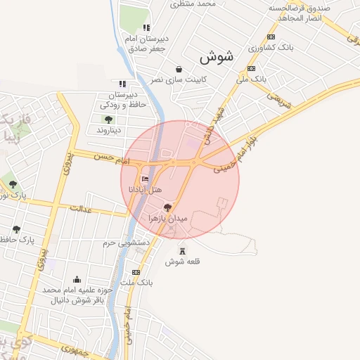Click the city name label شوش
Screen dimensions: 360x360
[x=216, y=57]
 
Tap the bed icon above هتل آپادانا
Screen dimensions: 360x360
[x=146, y=180]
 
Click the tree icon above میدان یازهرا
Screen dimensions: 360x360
[x=167, y=207]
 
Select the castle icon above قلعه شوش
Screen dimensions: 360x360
[x=183, y=250]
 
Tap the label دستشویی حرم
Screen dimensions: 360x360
[x=127, y=243]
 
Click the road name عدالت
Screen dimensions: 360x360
[x=82, y=208]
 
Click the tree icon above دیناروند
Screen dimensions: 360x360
[x=108, y=120]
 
